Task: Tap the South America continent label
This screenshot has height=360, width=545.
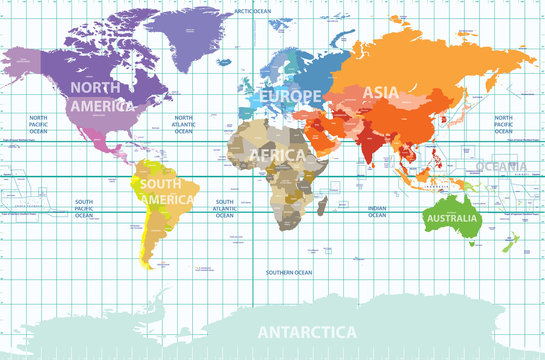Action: pos(167,192)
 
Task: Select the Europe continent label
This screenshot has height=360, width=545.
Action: pos(291,96)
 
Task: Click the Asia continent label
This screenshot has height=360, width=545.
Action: pos(380,92)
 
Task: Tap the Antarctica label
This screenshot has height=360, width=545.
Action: pos(307,331)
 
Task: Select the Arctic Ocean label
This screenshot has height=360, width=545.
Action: pos(254,11)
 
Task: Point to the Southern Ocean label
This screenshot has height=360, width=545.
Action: pos(288,272)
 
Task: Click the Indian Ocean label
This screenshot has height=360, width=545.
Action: pos(377,210)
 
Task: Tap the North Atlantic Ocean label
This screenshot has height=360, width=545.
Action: pos(183,124)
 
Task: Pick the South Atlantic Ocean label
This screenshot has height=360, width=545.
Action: pos(226,208)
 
